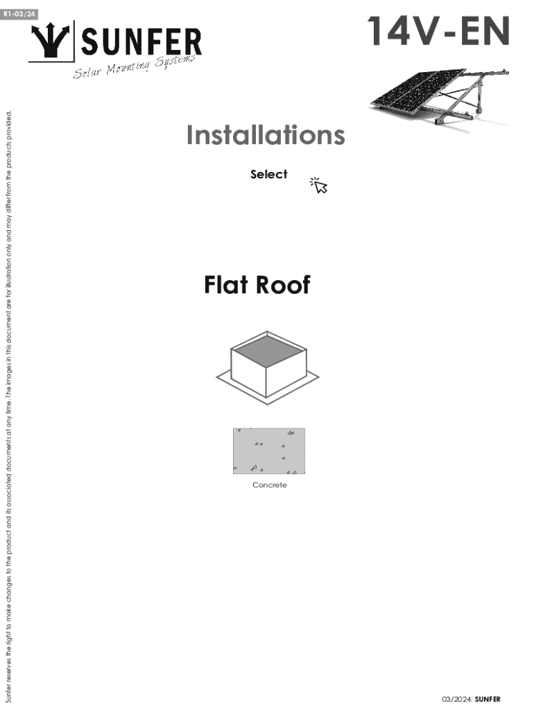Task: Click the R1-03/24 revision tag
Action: pos(19,14)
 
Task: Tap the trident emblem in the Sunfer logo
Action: pos(51,41)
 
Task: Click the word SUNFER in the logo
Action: pos(141,42)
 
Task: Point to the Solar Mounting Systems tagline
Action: pos(135,66)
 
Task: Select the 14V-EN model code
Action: pos(438,31)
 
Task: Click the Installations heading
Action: pos(266,135)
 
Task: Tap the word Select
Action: pos(268,174)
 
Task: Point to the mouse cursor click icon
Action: pos(319,185)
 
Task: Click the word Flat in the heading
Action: pos(226,285)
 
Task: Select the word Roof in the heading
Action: pos(283,285)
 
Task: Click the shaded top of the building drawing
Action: pos(268,350)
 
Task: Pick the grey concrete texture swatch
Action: pos(269,451)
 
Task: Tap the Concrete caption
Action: pos(270,485)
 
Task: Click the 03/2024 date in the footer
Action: pos(456,699)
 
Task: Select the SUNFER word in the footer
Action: pos(488,699)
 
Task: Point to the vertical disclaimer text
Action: pos(8,406)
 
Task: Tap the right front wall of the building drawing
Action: pos(286,372)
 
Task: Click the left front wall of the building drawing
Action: pos(249,372)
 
